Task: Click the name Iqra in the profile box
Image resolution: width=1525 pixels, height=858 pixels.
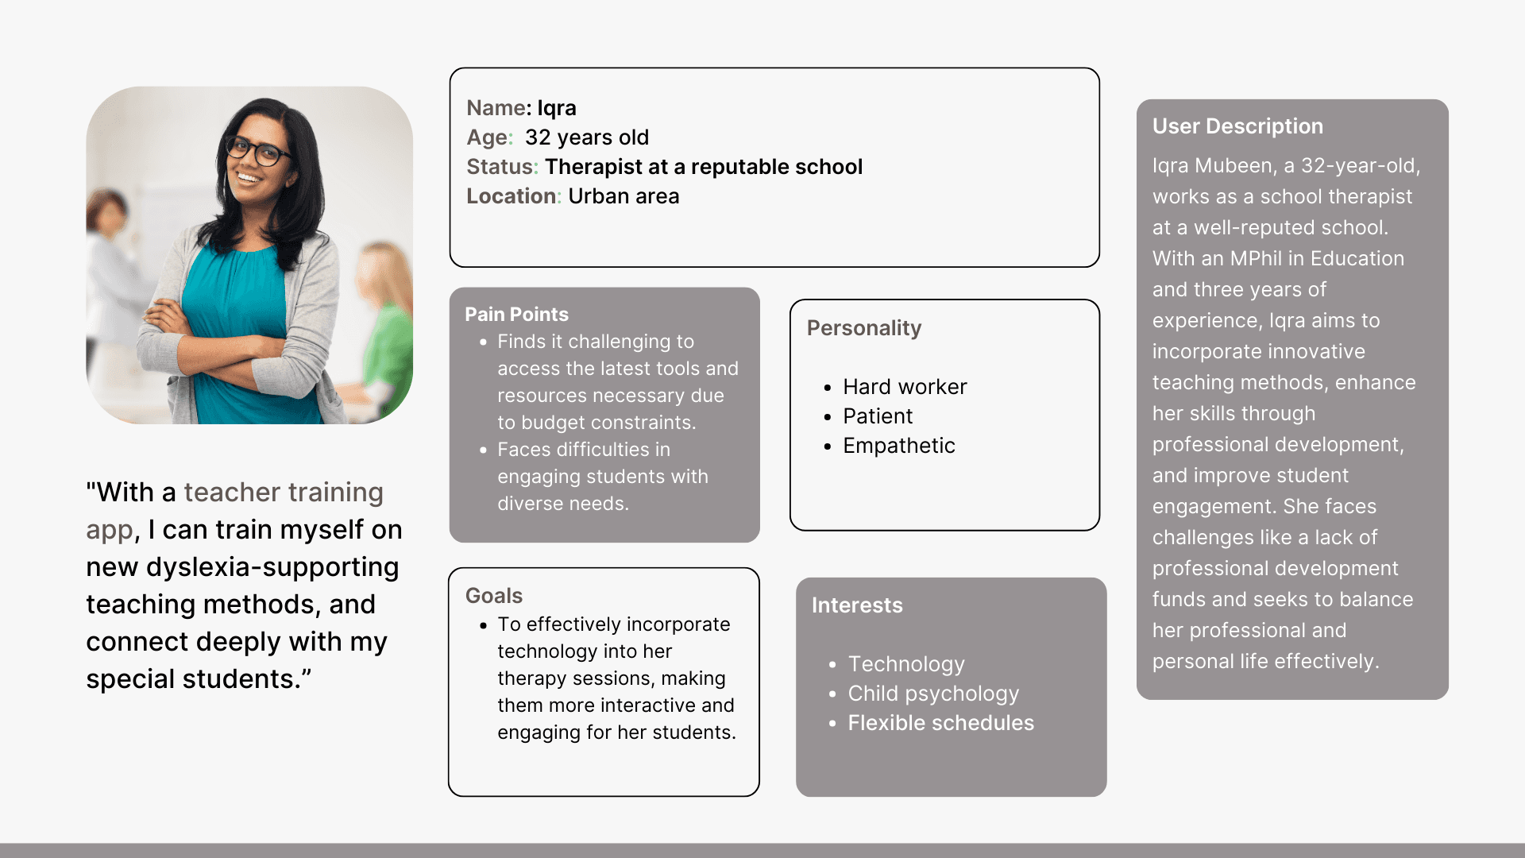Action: click(x=557, y=108)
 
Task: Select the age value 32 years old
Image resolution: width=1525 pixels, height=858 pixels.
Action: click(x=587, y=137)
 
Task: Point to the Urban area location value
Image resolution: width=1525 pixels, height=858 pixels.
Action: click(x=624, y=196)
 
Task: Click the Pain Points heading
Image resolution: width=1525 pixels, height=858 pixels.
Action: click(x=516, y=315)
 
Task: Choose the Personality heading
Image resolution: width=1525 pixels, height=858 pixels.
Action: click(x=864, y=328)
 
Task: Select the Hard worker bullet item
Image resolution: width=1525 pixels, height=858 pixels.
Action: click(x=905, y=387)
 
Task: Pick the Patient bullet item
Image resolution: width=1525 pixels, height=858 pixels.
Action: click(x=878, y=416)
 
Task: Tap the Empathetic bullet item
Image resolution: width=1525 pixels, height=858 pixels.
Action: click(x=899, y=446)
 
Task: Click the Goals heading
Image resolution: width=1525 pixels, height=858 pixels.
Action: click(x=494, y=596)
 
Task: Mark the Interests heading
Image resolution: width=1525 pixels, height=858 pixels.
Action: click(x=857, y=605)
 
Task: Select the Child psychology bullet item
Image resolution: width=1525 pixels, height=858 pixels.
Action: click(x=933, y=694)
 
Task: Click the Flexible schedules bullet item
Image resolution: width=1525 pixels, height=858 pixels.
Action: click(x=941, y=723)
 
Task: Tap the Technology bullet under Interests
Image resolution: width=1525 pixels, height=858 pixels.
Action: click(x=906, y=664)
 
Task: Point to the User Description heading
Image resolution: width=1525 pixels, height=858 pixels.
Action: click(x=1237, y=126)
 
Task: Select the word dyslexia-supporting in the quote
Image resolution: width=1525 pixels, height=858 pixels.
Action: click(x=272, y=567)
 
